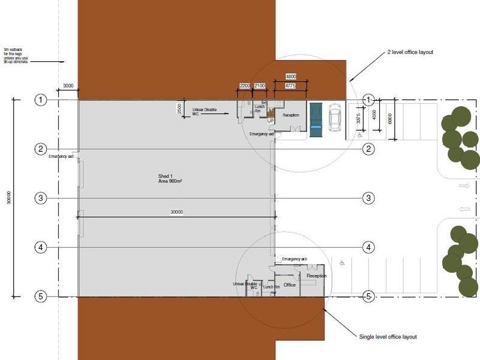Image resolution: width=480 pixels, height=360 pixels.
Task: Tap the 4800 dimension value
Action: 290,77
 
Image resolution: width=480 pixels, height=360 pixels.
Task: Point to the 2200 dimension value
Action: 245,86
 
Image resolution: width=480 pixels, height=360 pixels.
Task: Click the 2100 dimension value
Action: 260,86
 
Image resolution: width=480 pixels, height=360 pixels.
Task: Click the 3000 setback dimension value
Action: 68,86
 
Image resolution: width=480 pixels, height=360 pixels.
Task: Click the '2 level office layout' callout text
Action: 410,52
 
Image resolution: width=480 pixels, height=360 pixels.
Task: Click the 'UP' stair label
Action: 271,121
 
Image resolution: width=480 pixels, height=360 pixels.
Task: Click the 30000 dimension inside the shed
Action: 176,211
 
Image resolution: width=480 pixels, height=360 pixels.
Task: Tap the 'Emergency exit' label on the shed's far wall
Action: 61,157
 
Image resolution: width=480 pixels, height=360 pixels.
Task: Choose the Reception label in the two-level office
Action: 291,115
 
